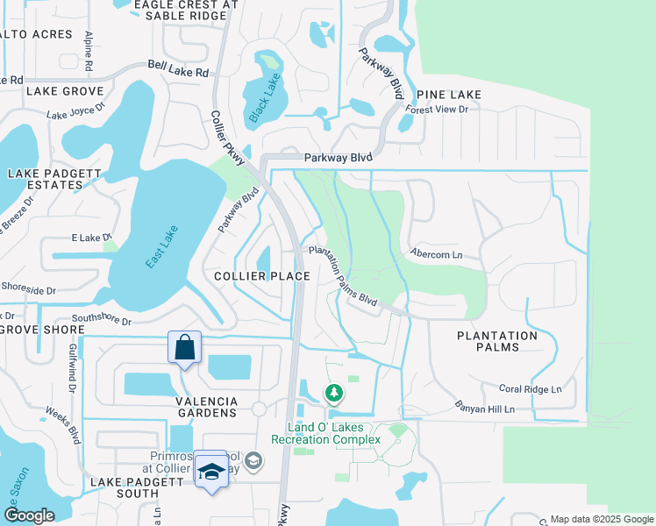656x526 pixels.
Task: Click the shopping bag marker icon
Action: [x=185, y=347]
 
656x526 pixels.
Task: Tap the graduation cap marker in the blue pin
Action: [x=210, y=472]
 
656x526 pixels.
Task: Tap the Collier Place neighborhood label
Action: [x=262, y=276]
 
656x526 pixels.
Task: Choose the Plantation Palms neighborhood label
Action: [x=497, y=341]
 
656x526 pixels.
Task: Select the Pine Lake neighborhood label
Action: [x=449, y=95]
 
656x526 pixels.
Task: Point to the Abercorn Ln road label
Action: [x=436, y=255]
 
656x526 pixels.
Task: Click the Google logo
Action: [x=29, y=515]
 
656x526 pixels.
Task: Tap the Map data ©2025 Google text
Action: [x=601, y=519]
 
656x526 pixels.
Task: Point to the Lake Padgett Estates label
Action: [x=54, y=180]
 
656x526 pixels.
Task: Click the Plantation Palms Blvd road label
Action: [x=343, y=276]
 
